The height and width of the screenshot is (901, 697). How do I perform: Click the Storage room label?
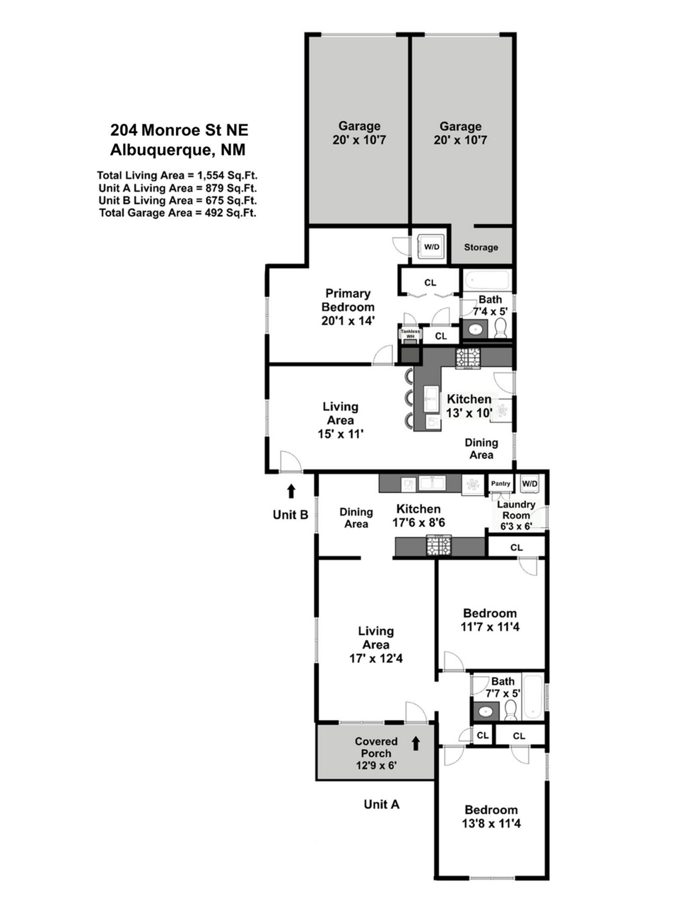coord(481,247)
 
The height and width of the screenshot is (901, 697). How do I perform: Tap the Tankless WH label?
coord(410,334)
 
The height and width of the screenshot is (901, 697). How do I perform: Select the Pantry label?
coord(501,483)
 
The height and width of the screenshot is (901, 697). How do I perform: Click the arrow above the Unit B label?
coord(291,491)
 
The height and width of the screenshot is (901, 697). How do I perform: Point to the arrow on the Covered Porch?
coord(416,743)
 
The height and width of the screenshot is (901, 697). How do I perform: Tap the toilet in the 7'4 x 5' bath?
coord(501,328)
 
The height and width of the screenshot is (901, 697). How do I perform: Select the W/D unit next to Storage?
coord(432,247)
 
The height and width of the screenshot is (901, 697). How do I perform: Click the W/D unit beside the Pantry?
coord(530,484)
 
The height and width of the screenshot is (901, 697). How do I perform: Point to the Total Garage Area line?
coord(178,213)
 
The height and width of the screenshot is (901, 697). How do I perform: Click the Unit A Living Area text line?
coord(178,188)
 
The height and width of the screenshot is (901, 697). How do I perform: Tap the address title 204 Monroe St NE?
coord(179,130)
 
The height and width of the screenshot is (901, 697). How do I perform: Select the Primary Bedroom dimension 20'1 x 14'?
coord(348,321)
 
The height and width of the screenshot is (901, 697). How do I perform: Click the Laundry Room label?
coord(516,510)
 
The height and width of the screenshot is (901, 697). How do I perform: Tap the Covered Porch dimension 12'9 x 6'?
coord(376,765)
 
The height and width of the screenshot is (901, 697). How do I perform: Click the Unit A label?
coord(382,804)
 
